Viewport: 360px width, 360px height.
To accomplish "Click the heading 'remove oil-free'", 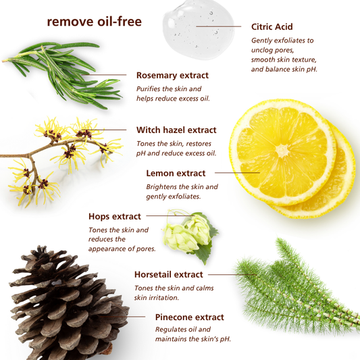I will (94, 22).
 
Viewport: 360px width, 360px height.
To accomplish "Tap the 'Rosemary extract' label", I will (172, 76).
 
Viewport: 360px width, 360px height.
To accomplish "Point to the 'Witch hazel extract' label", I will (176, 130).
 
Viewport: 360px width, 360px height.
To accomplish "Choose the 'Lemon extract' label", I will (176, 174).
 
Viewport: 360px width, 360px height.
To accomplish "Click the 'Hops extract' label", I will (115, 217).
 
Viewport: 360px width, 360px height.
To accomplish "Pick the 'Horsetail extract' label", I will (168, 275).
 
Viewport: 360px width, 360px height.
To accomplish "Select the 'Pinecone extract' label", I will (189, 317).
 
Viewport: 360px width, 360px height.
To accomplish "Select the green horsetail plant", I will (297, 284).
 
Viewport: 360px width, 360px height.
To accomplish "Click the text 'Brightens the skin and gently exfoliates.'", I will (182, 191).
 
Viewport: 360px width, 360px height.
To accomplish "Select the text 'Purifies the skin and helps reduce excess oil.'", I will (173, 93).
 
